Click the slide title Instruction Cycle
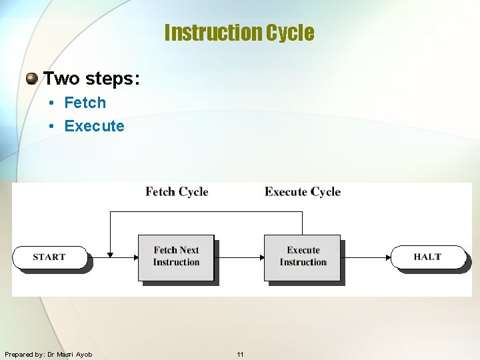tap(239, 33)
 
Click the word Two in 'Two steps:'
tap(61, 79)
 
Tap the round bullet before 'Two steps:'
tap(31, 79)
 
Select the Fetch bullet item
tap(85, 103)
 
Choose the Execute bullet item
tap(94, 126)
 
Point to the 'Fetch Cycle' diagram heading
tap(177, 192)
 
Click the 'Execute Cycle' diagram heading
tap(302, 192)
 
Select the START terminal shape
tap(50, 257)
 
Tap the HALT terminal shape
tap(427, 257)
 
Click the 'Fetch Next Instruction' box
tap(176, 257)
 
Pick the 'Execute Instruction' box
tap(303, 257)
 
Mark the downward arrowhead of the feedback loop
tap(110, 253)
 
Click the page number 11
tap(240, 355)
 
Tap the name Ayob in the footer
tap(84, 355)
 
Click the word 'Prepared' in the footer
tap(18, 355)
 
